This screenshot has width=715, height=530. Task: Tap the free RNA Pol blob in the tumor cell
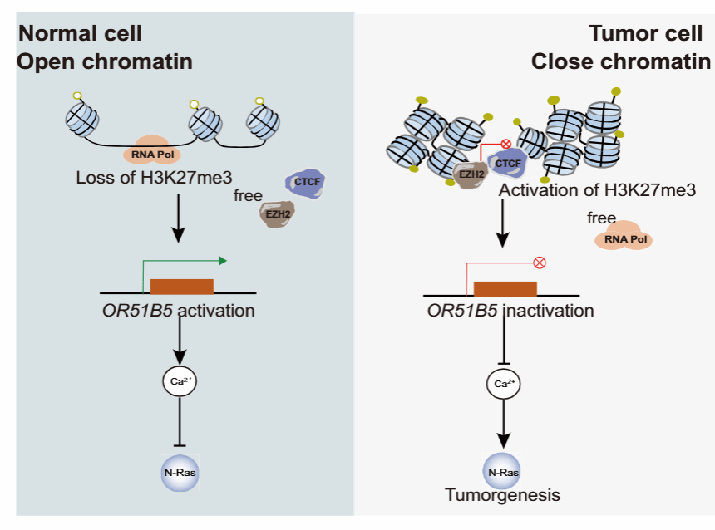(x=623, y=238)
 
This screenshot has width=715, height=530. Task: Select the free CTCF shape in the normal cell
(x=303, y=183)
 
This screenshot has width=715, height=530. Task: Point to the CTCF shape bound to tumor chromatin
(x=507, y=163)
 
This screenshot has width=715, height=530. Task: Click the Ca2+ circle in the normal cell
(x=180, y=383)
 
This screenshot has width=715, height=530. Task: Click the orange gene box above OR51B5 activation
(x=182, y=286)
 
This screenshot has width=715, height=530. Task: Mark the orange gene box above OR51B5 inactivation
(x=505, y=288)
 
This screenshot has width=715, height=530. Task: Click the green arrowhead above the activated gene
(x=223, y=260)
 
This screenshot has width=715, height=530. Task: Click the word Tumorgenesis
(x=502, y=496)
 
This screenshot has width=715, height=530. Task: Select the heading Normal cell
(x=81, y=33)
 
